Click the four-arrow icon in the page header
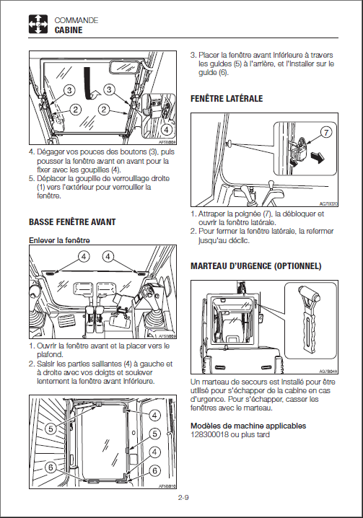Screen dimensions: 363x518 click(x=38, y=24)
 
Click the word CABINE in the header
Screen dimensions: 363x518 click(x=69, y=30)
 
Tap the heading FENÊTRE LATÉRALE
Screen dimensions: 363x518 click(x=227, y=98)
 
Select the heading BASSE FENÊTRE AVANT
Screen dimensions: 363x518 click(x=72, y=221)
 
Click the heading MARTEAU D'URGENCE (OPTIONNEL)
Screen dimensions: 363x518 click(x=256, y=266)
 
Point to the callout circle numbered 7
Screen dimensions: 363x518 click(x=326, y=133)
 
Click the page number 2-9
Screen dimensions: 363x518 click(x=183, y=497)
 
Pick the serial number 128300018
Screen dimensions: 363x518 click(x=209, y=434)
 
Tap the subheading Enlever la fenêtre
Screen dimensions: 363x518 click(x=59, y=240)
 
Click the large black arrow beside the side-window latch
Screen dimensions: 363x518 click(x=318, y=158)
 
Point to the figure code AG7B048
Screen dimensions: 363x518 click(x=328, y=371)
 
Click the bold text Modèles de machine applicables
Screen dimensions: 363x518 click(x=248, y=426)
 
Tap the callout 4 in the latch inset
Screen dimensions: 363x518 click(x=166, y=130)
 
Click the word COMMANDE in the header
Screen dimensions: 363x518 click(x=76, y=20)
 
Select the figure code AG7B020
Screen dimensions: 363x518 click(x=328, y=204)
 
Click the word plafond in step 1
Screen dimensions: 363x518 click(x=50, y=355)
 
